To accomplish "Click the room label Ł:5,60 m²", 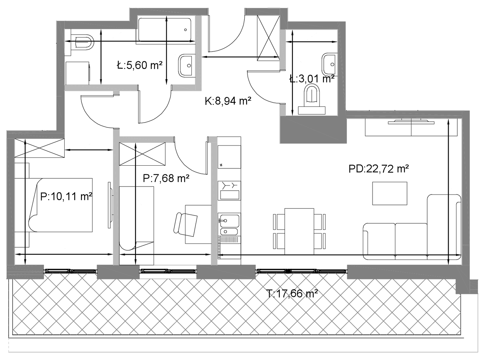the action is (x=139, y=65).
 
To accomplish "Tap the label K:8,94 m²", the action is (x=228, y=101).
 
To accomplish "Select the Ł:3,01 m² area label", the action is (x=312, y=79).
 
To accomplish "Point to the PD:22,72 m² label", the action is (x=379, y=169).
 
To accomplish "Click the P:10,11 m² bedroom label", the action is (x=66, y=196).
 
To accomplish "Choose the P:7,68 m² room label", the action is (x=166, y=178).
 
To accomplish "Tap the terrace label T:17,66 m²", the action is (x=292, y=293).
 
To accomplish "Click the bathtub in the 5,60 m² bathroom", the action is (x=164, y=29).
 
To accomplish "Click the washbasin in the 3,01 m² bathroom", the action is (x=329, y=64).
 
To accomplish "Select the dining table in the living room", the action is (x=299, y=231).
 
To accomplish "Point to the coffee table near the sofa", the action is (x=390, y=193).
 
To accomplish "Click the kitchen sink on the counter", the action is (x=229, y=224).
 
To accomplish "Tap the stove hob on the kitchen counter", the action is (x=229, y=190).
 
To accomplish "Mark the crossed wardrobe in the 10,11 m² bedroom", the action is (x=39, y=148).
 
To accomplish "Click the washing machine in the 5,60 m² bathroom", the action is (x=78, y=73).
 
